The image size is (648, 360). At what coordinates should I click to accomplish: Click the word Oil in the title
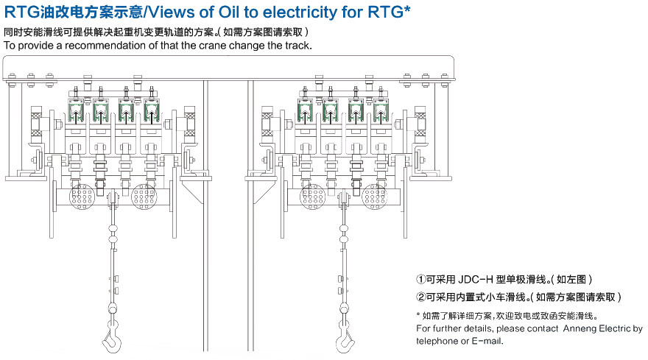pos(229,13)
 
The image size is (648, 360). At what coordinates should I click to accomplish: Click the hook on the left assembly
pos(112,337)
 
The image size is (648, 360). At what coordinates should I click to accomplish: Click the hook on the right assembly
pos(345,338)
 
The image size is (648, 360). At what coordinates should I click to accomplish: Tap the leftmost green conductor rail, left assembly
pos(76,112)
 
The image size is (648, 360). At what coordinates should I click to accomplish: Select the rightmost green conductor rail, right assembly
pos(381,112)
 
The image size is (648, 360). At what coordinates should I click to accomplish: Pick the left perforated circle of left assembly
pos(82,196)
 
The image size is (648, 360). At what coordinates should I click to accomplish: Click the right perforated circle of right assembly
pos(374,196)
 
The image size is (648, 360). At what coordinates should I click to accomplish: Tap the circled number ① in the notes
pos(420,280)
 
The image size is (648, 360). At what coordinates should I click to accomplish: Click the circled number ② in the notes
pos(420,297)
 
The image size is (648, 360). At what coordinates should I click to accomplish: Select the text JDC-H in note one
pos(475,280)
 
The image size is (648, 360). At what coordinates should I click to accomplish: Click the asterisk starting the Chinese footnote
pos(418,315)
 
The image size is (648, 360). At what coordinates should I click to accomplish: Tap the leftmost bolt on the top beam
pos(12,78)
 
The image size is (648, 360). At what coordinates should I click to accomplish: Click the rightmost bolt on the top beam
pos(445,78)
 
